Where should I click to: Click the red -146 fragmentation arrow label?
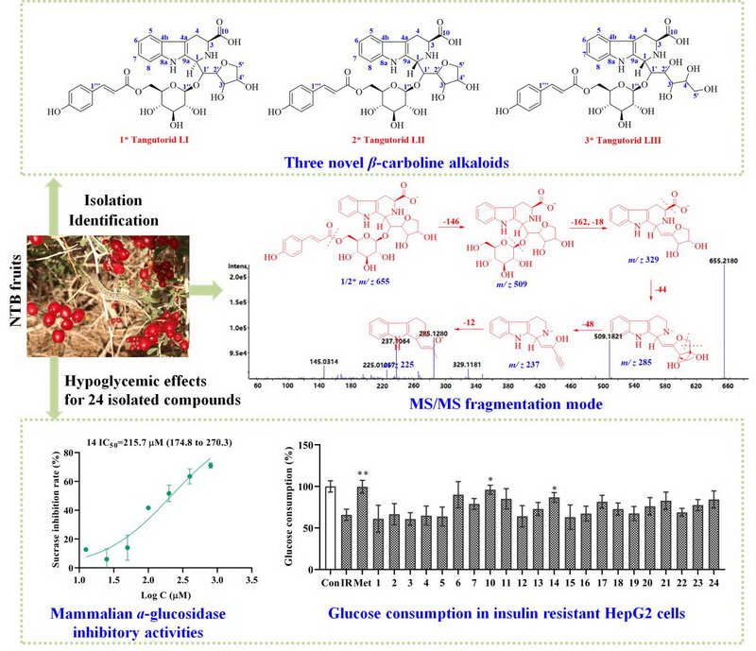click(x=446, y=225)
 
